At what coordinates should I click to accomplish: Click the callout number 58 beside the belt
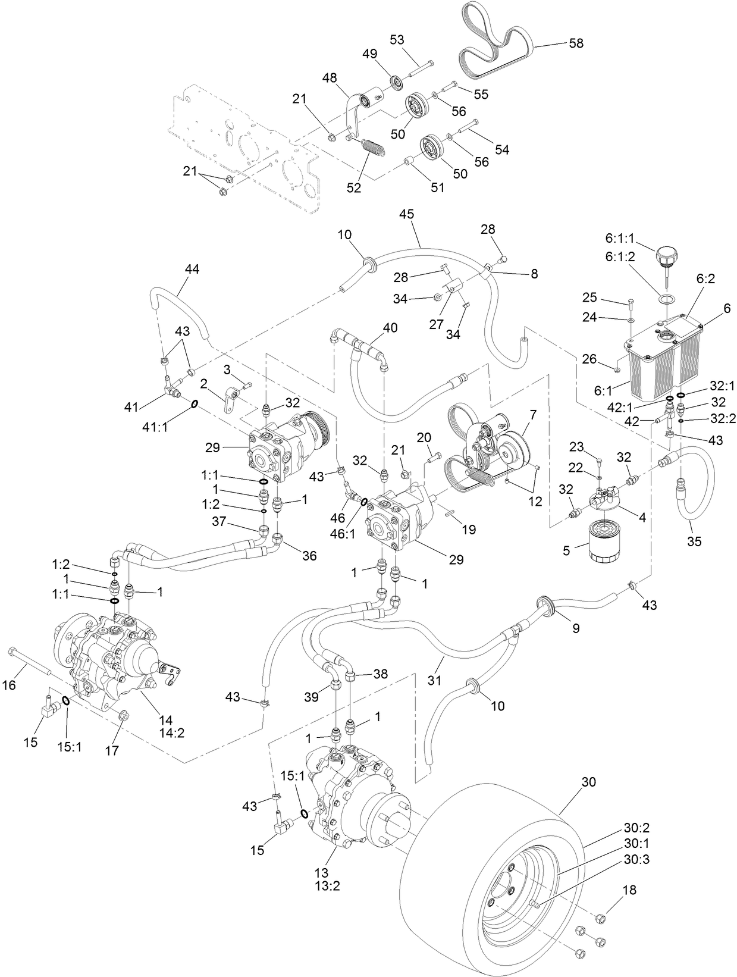576,43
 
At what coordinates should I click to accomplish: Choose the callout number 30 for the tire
588,782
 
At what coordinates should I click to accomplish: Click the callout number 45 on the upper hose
407,214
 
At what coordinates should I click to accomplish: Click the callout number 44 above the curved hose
192,270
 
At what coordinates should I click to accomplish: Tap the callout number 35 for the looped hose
694,541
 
